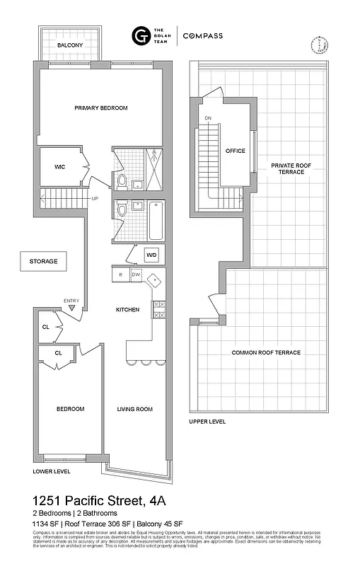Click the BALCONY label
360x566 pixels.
tap(71, 45)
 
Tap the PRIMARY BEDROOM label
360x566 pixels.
tap(101, 108)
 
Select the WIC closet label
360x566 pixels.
tap(60, 167)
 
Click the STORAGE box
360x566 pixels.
tap(44, 261)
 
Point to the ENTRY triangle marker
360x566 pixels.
tap(71, 308)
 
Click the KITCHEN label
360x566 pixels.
tap(128, 310)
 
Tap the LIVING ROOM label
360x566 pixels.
tap(134, 409)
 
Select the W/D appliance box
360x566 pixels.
tap(151, 255)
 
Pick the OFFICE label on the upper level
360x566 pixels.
tap(235, 151)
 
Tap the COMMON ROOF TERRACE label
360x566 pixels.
tap(266, 352)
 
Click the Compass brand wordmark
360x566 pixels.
tap(204, 35)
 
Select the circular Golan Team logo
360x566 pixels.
tap(139, 35)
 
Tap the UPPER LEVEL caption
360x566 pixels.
tap(207, 422)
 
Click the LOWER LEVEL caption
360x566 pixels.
tap(52, 470)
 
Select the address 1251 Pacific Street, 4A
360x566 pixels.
tap(100, 500)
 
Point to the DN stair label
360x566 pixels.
tap(208, 118)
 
